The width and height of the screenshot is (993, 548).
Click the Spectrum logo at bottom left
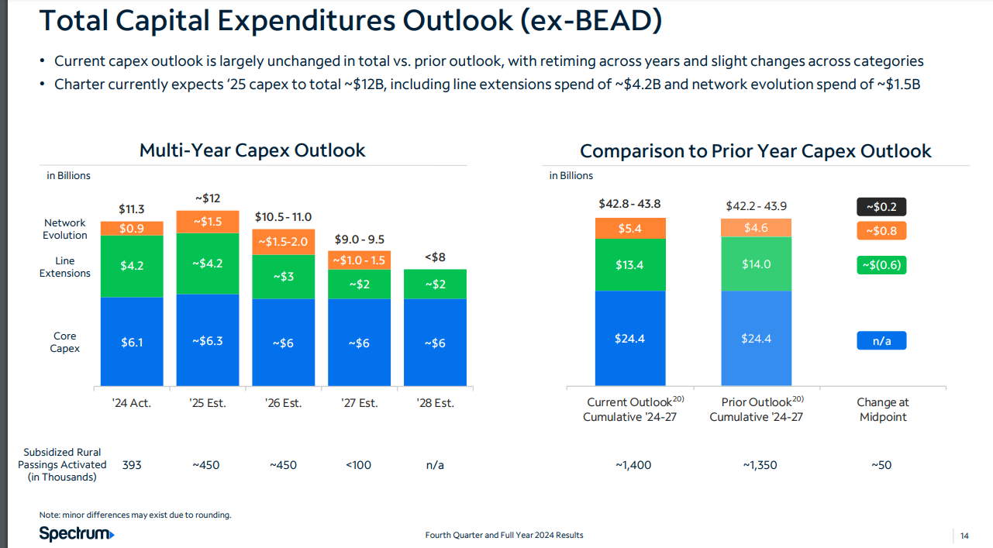coord(77,533)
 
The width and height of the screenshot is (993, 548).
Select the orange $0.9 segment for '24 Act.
coord(132,229)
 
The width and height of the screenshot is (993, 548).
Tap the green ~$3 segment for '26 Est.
coord(283,276)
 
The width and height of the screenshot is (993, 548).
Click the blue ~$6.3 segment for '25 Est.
coord(207,341)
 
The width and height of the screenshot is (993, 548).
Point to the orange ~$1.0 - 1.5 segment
coord(359,260)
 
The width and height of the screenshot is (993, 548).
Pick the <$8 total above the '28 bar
coord(435,257)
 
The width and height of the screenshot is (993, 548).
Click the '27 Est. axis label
coord(360,403)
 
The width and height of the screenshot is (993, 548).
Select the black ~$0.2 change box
coord(881,207)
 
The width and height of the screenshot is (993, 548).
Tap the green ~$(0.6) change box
coord(881,265)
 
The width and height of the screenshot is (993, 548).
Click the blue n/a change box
coord(881,340)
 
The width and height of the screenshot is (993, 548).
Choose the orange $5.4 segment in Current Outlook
coord(629,229)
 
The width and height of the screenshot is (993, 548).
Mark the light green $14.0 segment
coord(756,264)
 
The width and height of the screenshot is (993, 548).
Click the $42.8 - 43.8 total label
coord(629,204)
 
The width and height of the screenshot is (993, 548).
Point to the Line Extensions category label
coord(65,267)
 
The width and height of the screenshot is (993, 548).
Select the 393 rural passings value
coord(132,465)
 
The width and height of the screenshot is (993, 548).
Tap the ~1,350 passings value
coord(759,465)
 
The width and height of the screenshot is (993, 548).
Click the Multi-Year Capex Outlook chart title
coord(252,150)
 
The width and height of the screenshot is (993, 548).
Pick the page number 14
coord(964,536)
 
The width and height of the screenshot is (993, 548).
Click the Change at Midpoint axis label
coord(882,409)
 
